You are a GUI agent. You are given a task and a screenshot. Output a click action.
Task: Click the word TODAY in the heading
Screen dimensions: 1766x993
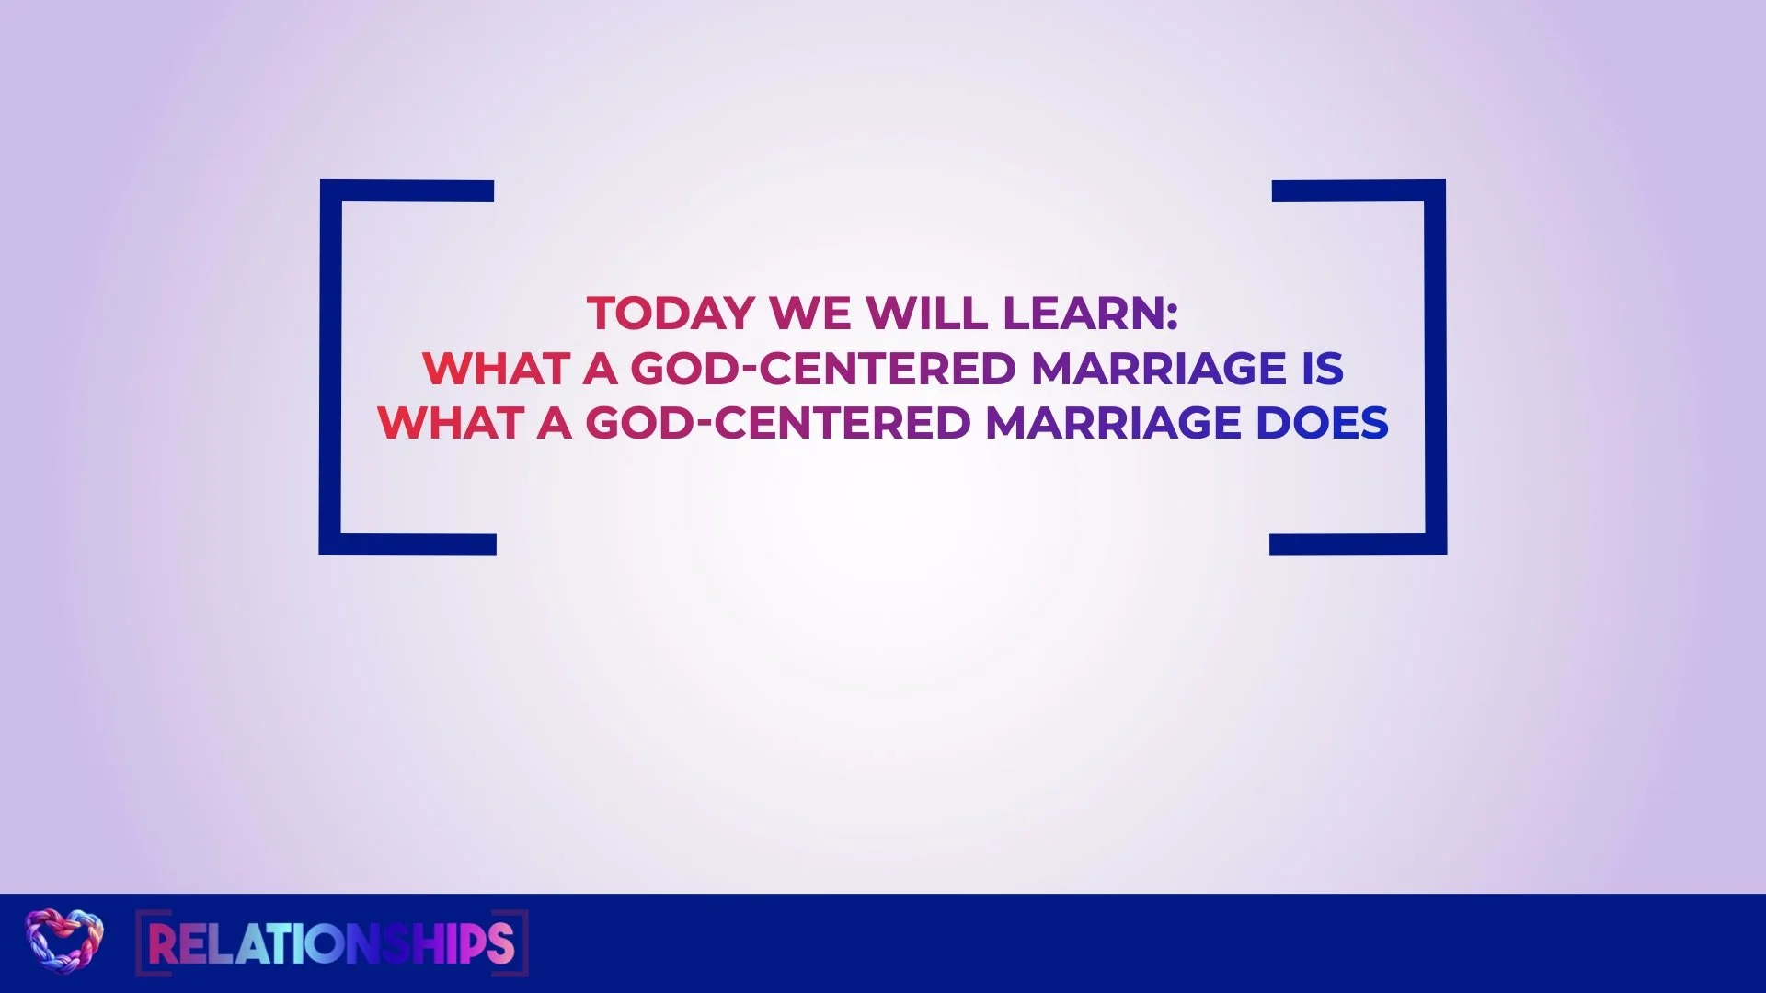tap(671, 314)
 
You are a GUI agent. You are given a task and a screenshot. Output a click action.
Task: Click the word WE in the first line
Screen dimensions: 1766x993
tap(810, 314)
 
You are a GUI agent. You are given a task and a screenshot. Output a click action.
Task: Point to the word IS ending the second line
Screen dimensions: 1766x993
tap(1323, 369)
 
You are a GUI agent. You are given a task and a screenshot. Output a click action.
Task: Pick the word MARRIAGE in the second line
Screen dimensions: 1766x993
tap(1159, 369)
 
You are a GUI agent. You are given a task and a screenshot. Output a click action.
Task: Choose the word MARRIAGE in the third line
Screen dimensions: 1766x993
tap(1113, 423)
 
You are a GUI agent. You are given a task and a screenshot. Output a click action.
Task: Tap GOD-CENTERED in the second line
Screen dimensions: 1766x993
tap(823, 369)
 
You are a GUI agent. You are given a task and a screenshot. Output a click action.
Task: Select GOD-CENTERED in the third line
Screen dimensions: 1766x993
tap(778, 423)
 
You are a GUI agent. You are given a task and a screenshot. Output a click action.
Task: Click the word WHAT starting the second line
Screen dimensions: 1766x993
tap(495, 369)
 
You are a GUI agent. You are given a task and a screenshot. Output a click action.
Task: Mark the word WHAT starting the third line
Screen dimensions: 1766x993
tap(450, 423)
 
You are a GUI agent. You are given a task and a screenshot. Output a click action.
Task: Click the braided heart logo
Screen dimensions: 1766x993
tap(64, 940)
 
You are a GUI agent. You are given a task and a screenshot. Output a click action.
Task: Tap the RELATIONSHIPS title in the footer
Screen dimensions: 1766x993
tap(331, 943)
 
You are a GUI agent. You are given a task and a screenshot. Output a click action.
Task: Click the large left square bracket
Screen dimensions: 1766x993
tap(330, 368)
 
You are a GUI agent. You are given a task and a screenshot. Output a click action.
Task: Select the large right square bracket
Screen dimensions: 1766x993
tap(1436, 368)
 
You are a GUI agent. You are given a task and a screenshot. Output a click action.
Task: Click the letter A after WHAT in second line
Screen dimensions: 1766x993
tap(600, 369)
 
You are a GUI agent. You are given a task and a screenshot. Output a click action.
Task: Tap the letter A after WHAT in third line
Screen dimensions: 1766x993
tap(555, 423)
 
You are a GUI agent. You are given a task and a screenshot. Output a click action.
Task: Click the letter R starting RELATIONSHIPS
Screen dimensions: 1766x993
tap(161, 943)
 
